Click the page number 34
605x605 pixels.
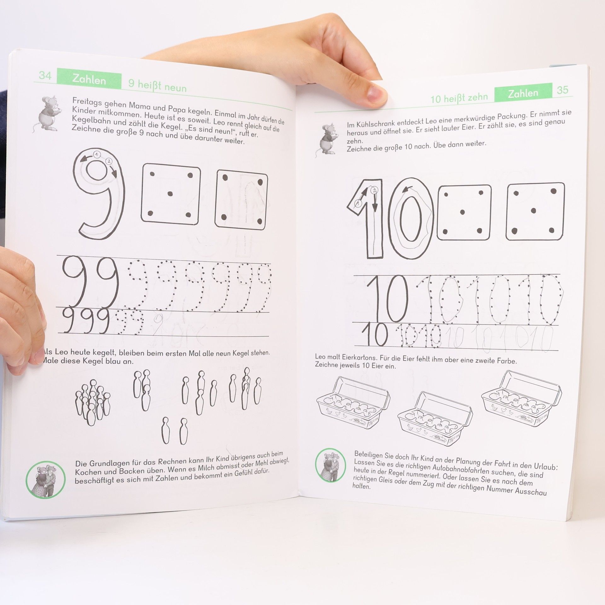45,76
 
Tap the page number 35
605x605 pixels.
562,90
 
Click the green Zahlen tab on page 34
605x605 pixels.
89,80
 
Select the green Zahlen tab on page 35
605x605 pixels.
523,93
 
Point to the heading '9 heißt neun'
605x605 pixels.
157,85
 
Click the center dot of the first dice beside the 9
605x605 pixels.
170,193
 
